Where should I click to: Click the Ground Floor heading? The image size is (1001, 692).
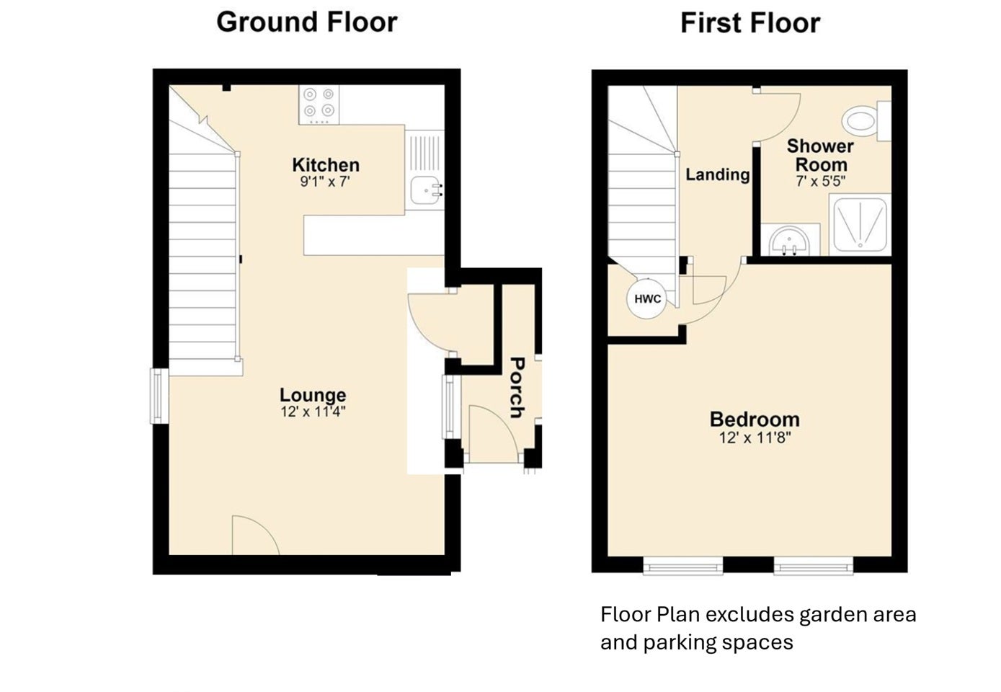(307, 22)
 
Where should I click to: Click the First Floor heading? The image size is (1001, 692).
(750, 23)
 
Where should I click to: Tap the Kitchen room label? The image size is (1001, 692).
(326, 165)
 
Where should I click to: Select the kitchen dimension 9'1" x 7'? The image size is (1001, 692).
(325, 182)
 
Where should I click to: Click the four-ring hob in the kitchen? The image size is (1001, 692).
(319, 105)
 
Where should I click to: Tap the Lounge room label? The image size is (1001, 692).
(313, 395)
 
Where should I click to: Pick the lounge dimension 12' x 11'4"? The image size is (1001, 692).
(313, 412)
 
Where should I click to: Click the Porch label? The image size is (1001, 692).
(517, 388)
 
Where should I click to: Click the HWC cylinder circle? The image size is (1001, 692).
(646, 298)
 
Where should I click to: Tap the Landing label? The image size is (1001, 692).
(718, 174)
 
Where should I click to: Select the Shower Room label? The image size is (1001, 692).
(820, 155)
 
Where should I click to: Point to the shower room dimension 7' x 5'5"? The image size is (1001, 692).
(821, 182)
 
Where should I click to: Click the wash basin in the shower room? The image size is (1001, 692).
(790, 241)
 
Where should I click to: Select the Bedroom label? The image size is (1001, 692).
(755, 420)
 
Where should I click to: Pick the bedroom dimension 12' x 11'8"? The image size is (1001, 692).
(755, 438)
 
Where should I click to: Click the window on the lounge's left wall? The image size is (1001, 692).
(159, 396)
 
